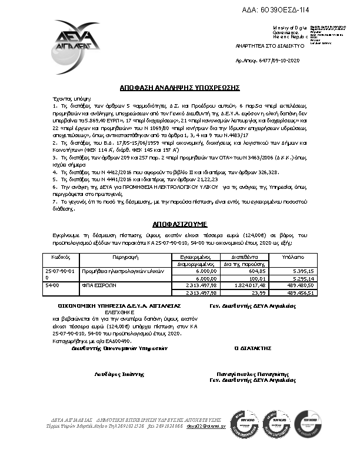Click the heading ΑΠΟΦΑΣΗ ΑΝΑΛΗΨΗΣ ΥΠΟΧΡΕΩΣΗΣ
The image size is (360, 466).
[x=179, y=86]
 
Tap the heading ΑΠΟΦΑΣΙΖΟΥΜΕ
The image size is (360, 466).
[x=179, y=225]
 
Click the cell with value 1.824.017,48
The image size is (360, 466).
[x=241, y=285]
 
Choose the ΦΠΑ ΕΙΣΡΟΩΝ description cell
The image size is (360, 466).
[x=96, y=285]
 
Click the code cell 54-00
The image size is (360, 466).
[x=52, y=285]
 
